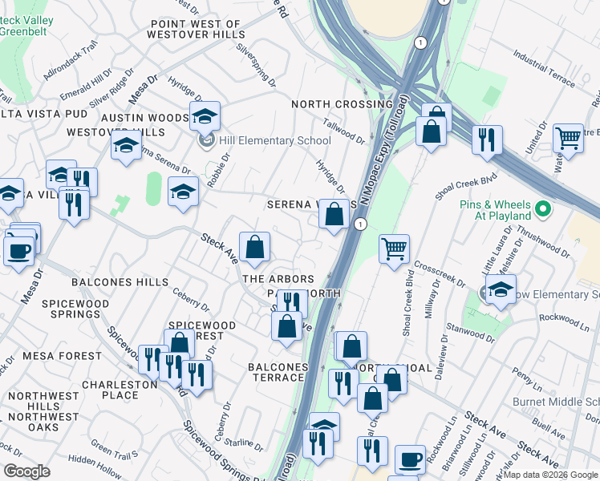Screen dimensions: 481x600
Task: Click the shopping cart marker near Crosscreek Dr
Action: [x=394, y=250]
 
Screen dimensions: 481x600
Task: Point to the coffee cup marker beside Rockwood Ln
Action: [x=410, y=460]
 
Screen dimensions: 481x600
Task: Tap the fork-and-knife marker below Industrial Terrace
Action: [x=487, y=140]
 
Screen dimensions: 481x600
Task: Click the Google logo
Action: [x=26, y=471]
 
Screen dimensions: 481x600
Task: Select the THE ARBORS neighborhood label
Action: [x=278, y=279]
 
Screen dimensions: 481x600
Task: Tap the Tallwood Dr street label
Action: [x=344, y=127]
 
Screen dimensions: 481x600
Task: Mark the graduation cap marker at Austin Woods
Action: [x=205, y=117]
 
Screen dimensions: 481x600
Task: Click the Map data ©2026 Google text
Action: [x=550, y=475]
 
